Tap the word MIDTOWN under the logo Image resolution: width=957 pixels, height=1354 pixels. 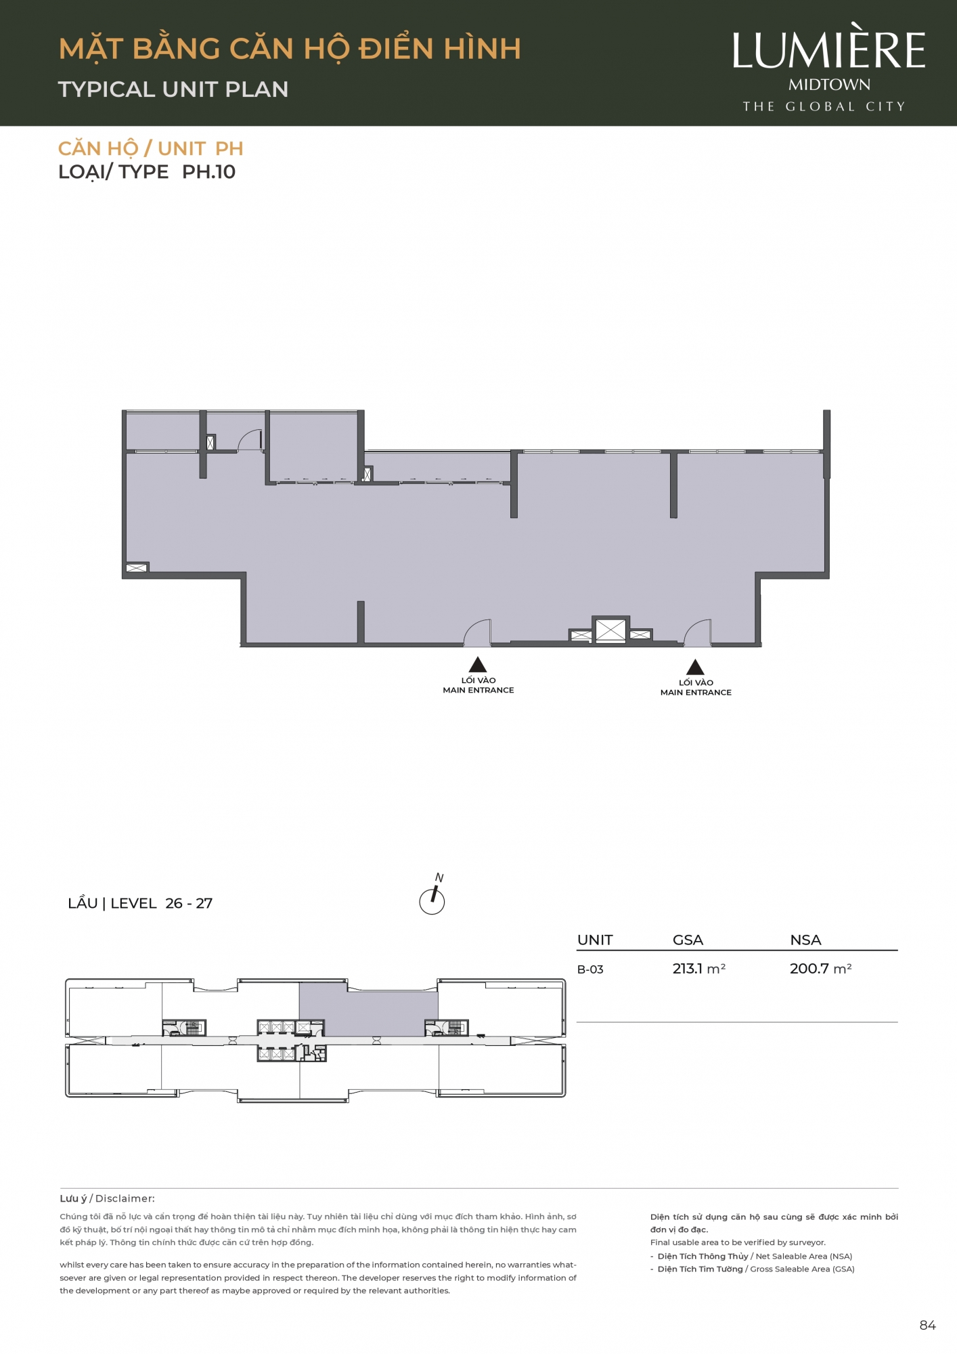(x=829, y=85)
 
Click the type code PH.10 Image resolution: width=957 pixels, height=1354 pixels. (x=208, y=172)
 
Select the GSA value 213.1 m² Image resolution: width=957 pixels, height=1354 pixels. (x=698, y=969)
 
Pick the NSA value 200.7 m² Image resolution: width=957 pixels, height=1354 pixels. (x=820, y=969)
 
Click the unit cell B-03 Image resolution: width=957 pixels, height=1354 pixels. (x=590, y=969)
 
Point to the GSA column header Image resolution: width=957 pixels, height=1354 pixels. (x=688, y=940)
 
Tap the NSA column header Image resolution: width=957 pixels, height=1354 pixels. (x=805, y=940)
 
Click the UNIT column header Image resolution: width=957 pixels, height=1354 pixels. (x=595, y=940)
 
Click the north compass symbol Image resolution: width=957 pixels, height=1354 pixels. (x=432, y=897)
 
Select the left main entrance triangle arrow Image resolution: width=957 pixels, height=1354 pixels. (x=478, y=664)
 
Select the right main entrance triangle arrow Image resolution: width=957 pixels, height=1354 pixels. (x=695, y=667)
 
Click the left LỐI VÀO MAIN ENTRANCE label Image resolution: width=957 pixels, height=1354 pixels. (x=478, y=685)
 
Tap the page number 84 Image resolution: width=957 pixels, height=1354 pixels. (x=927, y=1326)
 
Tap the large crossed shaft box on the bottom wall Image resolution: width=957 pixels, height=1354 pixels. (x=610, y=630)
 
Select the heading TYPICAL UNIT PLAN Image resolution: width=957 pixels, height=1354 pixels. (x=173, y=89)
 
